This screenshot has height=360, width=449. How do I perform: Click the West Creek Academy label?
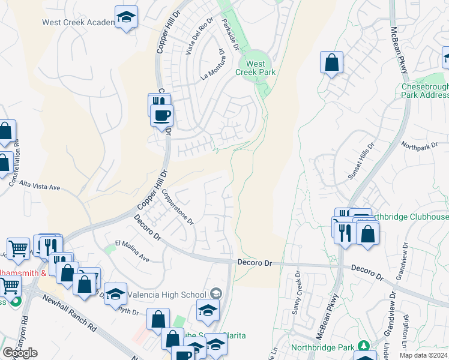(77, 23)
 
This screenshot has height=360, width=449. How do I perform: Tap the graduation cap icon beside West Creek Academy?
(126, 17)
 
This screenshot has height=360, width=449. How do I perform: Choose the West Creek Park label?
(256, 68)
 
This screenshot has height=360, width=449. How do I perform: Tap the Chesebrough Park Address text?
(424, 91)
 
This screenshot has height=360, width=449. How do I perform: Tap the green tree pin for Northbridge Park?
(363, 346)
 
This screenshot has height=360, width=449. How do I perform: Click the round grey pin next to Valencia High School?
(216, 293)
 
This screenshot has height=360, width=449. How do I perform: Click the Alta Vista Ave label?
(40, 185)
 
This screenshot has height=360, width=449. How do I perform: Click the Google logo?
(20, 353)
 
